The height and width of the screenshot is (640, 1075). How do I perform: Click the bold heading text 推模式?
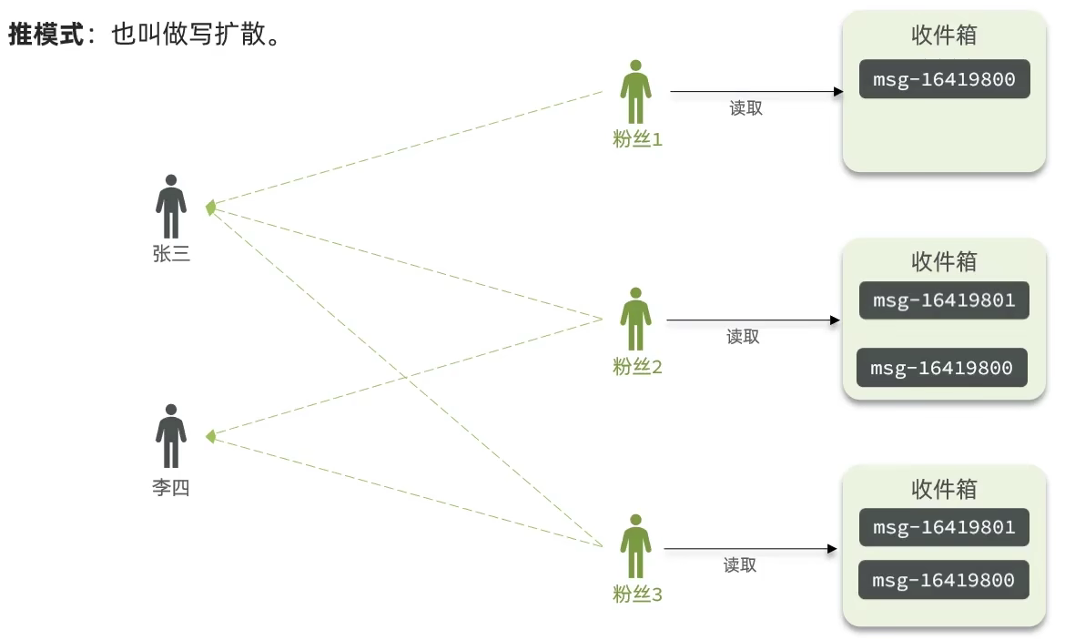pos(45,35)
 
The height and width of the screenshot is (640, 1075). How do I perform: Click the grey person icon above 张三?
pos(171,207)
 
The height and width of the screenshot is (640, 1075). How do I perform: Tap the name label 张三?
pos(171,254)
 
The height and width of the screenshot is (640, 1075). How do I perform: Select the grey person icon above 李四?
pos(171,436)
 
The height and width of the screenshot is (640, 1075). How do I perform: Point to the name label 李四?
pos(171,487)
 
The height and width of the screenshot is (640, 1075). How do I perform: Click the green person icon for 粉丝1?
pos(636,92)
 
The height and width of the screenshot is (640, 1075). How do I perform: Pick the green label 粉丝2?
pos(637,367)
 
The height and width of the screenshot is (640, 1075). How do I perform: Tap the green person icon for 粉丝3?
pos(636,546)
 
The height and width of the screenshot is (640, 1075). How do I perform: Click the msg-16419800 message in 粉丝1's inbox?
pos(944,79)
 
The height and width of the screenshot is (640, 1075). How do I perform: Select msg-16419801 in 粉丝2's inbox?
pos(944,300)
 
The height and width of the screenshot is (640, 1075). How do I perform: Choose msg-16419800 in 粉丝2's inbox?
pos(941,368)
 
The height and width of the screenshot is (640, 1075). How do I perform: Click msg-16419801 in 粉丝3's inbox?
pos(944,527)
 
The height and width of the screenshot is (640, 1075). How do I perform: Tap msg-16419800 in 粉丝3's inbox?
pos(943,580)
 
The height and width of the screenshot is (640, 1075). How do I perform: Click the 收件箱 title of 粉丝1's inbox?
pos(944,35)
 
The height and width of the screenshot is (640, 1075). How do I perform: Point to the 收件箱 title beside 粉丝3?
pos(944,489)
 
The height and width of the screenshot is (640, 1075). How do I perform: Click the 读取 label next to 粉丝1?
pos(745,108)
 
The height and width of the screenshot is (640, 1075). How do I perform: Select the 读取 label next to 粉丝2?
pos(743,337)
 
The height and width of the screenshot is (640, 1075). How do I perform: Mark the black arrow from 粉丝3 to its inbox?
pos(750,549)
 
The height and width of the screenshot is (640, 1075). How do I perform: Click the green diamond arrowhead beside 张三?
pos(211,208)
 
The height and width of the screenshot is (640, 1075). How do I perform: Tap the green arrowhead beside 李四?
pos(210,437)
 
